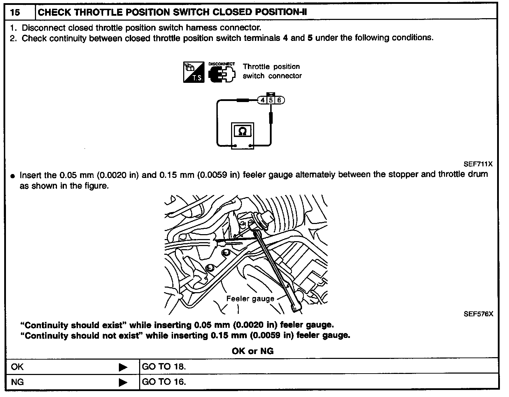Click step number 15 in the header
coord(15,13)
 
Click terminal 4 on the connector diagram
coord(263,100)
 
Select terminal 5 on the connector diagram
coord(271,100)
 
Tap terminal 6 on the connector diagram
coord(279,100)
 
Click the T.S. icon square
coord(194,72)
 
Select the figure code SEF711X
coord(478,164)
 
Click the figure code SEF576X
coord(478,314)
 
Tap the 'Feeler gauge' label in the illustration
coord(250,299)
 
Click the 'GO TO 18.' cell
coord(164,367)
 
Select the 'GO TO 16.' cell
coord(164,381)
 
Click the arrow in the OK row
coord(123,367)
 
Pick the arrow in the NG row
coord(123,382)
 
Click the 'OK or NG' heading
coord(252,351)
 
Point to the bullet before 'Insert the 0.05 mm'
coord(13,176)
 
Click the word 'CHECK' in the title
coord(55,13)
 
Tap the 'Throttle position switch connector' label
coord(272,71)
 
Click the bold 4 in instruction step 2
coord(285,38)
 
